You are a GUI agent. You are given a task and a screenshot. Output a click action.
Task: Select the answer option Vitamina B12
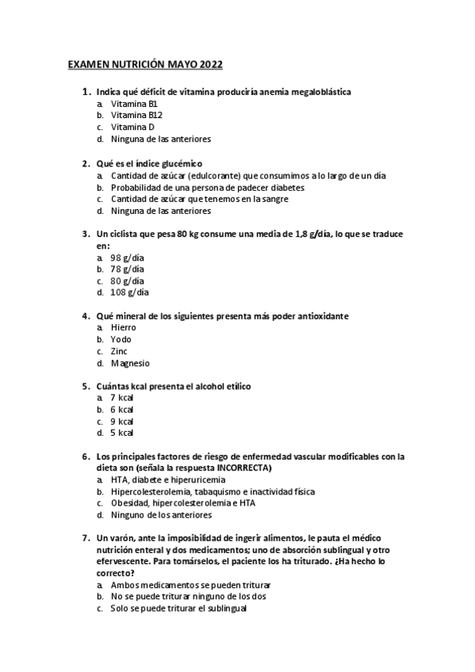136,115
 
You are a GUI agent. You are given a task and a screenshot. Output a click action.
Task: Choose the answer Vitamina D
132,127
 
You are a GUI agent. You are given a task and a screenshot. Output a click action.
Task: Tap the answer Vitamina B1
134,104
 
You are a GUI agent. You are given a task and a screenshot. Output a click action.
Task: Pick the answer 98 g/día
127,258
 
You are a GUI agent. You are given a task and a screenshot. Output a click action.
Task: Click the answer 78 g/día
127,269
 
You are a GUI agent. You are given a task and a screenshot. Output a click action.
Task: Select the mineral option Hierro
124,327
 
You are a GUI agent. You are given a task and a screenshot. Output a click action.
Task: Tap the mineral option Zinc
119,351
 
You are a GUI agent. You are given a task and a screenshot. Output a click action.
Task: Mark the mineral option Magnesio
130,363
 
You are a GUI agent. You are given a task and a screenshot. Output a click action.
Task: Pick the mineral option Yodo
121,339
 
